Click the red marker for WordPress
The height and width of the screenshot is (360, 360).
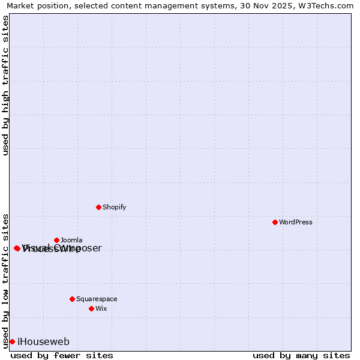(x=275, y=222)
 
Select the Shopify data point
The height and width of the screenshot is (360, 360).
(x=98, y=207)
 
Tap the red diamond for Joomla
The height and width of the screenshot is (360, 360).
(x=56, y=240)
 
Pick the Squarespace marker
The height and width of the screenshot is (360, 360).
(x=72, y=299)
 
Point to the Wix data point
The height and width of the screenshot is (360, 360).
(x=91, y=308)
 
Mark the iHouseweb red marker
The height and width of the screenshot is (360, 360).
(x=12, y=341)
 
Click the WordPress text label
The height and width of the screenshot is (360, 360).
(x=296, y=222)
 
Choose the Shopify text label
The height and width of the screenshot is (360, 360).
(x=114, y=207)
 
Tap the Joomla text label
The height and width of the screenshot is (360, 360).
(x=71, y=240)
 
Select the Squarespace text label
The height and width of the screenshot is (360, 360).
(x=97, y=299)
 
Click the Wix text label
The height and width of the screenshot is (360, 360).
(x=101, y=308)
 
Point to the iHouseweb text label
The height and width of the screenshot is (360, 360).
(x=43, y=341)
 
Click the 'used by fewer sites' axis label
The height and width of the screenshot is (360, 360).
(x=62, y=355)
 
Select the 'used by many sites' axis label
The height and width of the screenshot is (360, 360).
(x=301, y=355)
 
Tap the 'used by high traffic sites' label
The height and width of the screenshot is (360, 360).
(x=5, y=85)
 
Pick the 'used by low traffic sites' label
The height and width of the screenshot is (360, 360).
(x=5, y=280)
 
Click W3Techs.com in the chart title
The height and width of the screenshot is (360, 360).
(x=329, y=5)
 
